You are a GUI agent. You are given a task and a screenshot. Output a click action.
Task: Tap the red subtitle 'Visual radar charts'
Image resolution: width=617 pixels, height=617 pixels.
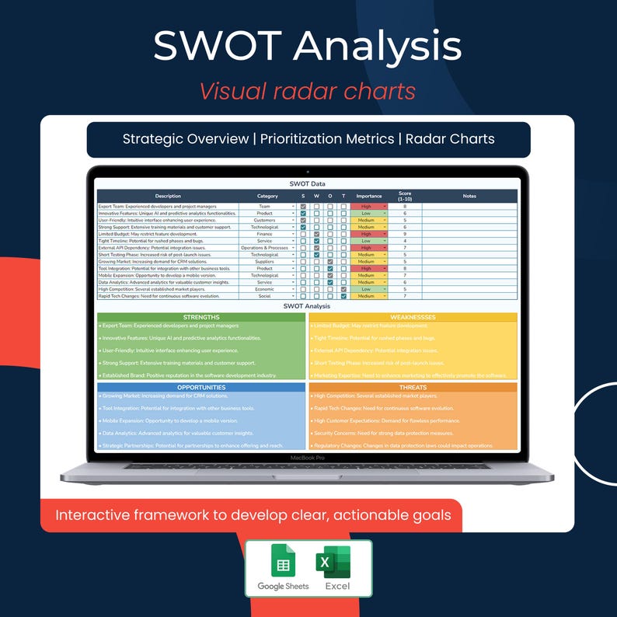[308, 91]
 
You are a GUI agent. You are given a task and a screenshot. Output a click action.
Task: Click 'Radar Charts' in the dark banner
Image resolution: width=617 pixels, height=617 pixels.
[451, 139]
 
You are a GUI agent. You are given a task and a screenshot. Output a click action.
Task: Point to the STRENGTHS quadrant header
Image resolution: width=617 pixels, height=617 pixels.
[200, 317]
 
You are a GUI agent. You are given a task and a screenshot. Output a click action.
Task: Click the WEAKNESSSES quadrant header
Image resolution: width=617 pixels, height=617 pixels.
[413, 317]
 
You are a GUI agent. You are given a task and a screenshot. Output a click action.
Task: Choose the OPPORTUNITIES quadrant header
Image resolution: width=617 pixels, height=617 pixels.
[200, 387]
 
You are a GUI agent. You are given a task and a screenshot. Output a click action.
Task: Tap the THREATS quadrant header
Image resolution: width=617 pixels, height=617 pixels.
[413, 387]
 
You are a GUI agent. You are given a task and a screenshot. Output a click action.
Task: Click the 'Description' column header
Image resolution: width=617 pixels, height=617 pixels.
[168, 196]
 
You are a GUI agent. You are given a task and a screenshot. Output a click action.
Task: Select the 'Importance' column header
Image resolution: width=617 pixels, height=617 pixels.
[369, 196]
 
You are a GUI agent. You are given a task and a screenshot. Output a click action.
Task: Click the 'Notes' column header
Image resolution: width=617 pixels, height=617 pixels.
[469, 196]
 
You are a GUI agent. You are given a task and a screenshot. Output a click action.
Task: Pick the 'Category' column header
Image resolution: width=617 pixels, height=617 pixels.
[267, 196]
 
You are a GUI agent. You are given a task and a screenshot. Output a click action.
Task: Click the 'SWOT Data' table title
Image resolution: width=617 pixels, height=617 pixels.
[308, 183]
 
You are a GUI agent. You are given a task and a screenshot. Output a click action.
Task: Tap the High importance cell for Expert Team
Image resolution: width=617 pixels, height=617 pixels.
[368, 207]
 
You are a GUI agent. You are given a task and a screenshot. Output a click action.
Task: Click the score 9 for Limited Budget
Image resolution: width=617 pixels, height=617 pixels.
[405, 234]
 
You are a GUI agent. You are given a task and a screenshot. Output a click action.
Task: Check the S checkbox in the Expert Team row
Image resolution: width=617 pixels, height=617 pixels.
[303, 207]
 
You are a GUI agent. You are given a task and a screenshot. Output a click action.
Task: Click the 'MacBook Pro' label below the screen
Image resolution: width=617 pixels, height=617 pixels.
[307, 458]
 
